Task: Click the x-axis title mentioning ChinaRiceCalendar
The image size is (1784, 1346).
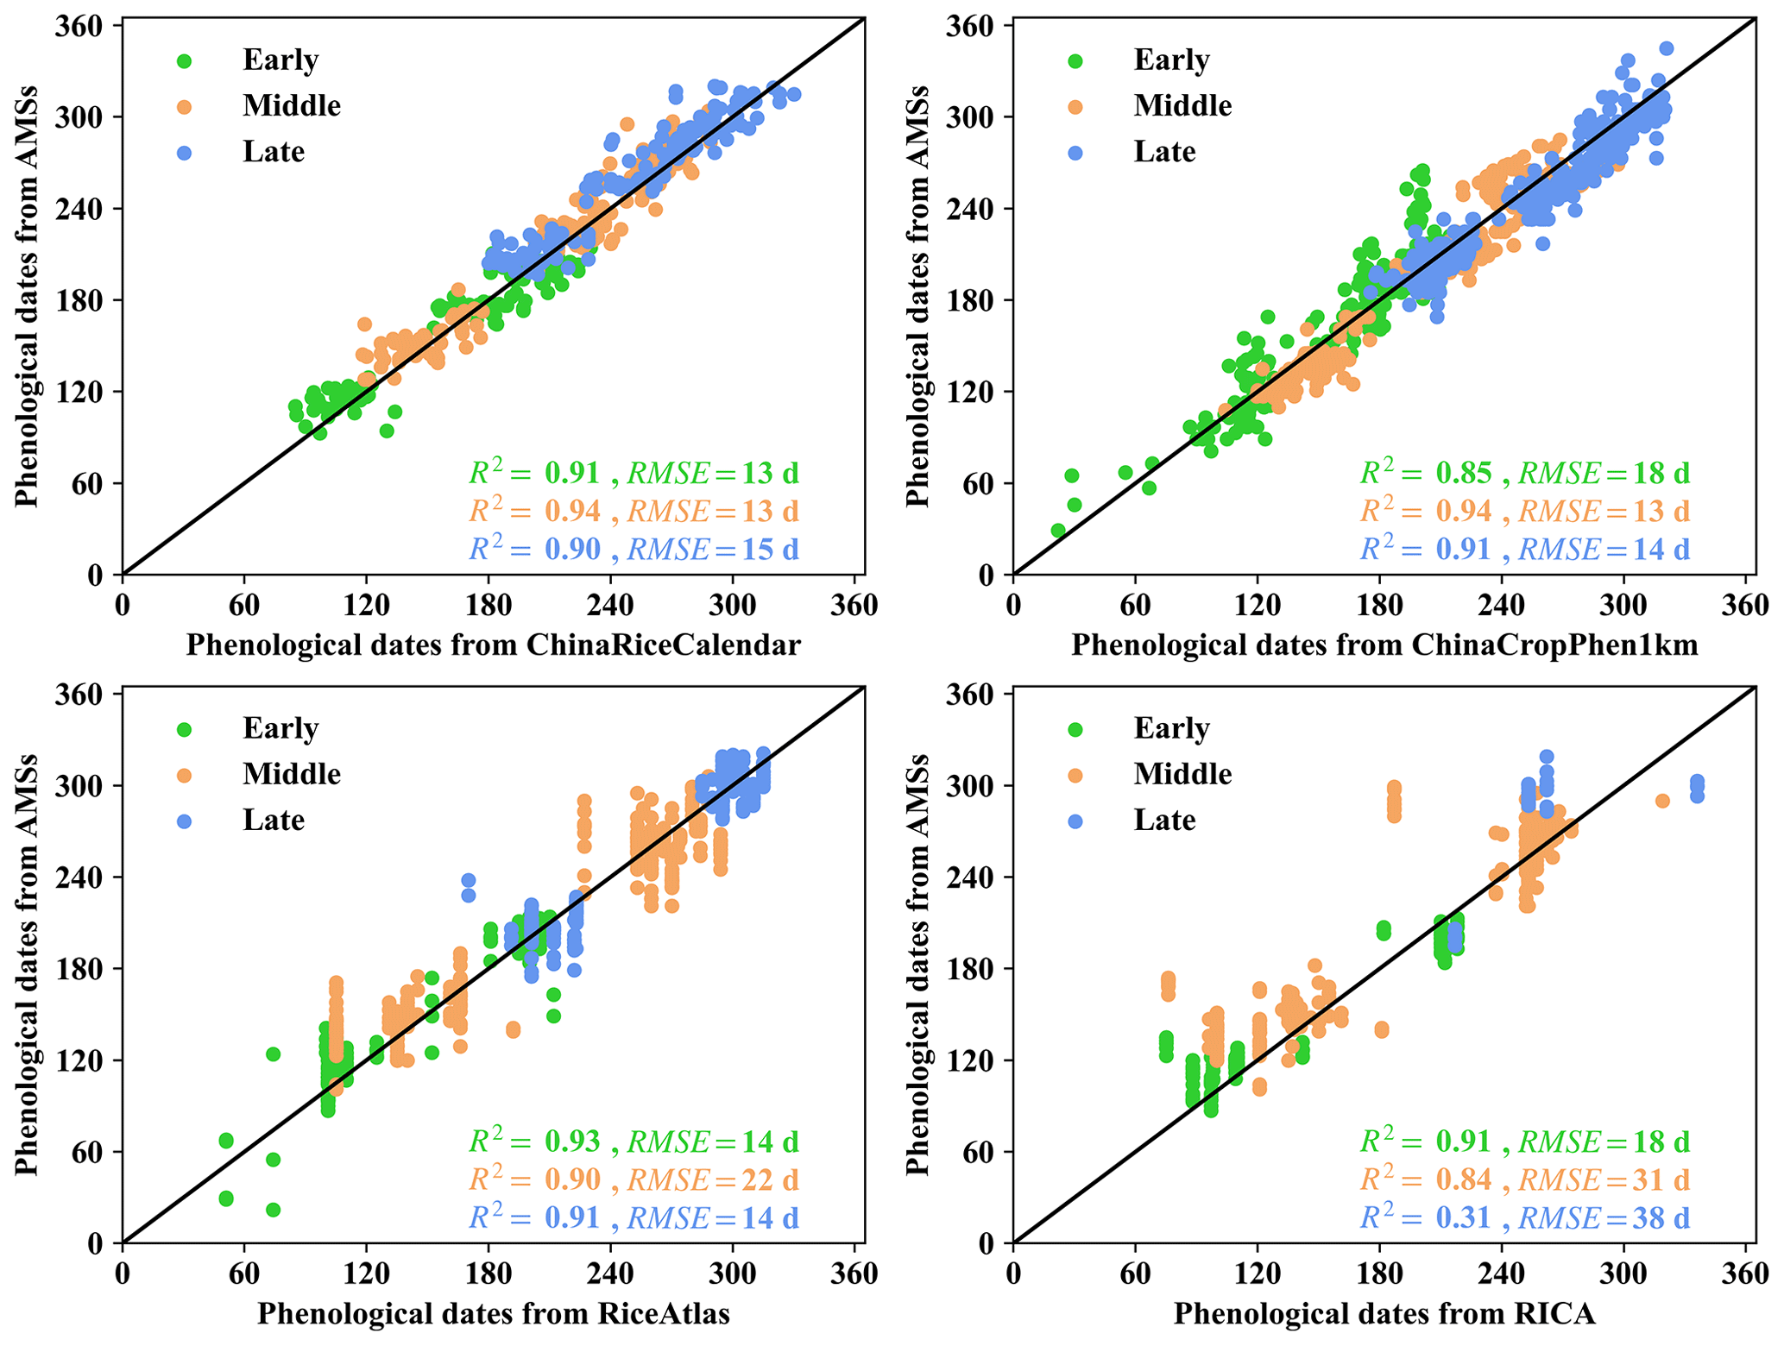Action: (x=493, y=645)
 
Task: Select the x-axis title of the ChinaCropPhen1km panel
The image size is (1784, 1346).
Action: (x=1384, y=645)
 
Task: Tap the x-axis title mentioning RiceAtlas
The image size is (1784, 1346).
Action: (x=493, y=1313)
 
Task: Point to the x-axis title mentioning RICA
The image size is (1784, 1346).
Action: (x=1384, y=1313)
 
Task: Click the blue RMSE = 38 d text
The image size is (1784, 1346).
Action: (x=1604, y=1217)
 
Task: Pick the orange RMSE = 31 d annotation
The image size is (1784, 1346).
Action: (x=1604, y=1179)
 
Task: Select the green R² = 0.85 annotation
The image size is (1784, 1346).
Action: (x=1426, y=473)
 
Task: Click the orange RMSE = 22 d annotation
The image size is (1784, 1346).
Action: (x=713, y=1179)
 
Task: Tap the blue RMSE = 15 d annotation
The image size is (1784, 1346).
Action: (x=713, y=549)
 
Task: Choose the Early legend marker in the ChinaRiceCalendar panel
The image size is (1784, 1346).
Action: (x=184, y=61)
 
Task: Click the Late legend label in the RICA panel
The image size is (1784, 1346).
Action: (x=1164, y=820)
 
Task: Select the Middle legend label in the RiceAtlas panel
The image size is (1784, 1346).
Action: (x=292, y=774)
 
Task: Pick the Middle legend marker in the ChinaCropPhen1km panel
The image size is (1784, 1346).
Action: (x=1075, y=107)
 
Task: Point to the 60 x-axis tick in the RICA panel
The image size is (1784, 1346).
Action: (x=1135, y=1274)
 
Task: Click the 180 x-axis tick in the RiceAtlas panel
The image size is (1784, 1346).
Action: (x=489, y=1274)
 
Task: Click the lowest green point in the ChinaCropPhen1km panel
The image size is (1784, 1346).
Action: (x=1058, y=530)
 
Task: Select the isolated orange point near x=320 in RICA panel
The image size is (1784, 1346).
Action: (x=1662, y=801)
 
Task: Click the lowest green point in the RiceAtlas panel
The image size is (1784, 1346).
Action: (x=273, y=1210)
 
